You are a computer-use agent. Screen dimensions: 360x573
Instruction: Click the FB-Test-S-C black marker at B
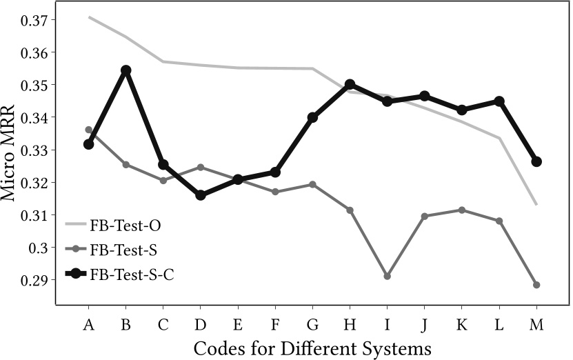click(x=126, y=70)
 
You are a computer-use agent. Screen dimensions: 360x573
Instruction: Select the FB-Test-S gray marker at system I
click(x=388, y=276)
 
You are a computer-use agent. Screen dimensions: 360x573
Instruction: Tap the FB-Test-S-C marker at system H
click(x=350, y=84)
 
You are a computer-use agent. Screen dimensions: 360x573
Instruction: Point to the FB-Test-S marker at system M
click(x=536, y=285)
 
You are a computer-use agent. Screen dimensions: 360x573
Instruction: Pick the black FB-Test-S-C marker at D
click(x=201, y=195)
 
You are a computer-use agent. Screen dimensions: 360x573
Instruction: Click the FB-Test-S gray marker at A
click(x=89, y=130)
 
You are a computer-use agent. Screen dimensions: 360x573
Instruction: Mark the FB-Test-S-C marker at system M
click(x=536, y=161)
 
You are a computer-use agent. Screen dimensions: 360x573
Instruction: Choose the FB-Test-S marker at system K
click(x=462, y=210)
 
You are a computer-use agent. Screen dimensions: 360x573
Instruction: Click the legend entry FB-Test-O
click(x=125, y=224)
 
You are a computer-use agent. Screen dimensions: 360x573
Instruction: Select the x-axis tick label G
click(x=312, y=324)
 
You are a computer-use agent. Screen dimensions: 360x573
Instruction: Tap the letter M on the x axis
click(x=536, y=324)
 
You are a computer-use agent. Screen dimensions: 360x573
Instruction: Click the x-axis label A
click(x=89, y=324)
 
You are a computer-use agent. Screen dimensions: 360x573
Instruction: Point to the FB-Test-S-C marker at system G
click(x=312, y=117)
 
